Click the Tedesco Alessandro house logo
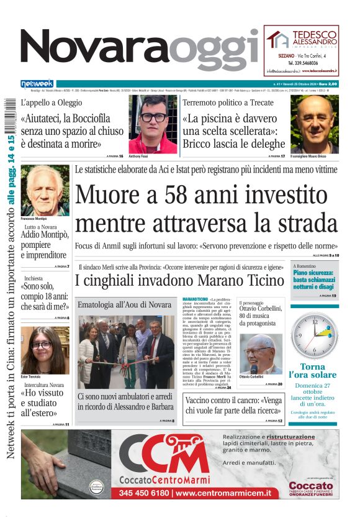(x=277, y=39)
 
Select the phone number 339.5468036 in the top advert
(x=303, y=63)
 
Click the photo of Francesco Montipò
(x=45, y=189)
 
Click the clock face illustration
(x=315, y=336)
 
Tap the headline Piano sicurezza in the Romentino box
(x=315, y=280)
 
